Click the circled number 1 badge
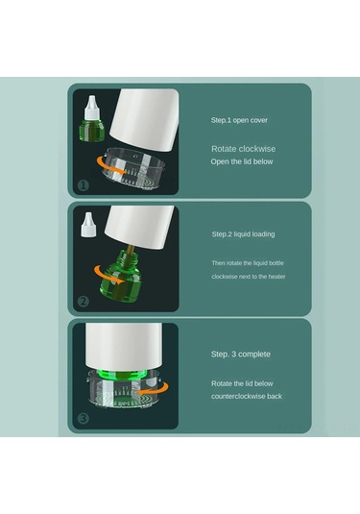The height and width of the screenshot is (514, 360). tap(83, 184)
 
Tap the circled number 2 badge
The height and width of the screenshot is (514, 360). tap(83, 301)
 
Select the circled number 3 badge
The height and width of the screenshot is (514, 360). tap(83, 418)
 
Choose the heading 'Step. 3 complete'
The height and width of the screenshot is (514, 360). tap(241, 354)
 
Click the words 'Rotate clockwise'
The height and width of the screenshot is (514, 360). tap(245, 149)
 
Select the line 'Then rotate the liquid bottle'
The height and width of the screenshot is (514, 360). tap(248, 262)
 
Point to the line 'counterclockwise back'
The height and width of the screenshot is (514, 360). tap(247, 395)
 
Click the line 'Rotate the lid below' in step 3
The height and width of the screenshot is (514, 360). tap(243, 382)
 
